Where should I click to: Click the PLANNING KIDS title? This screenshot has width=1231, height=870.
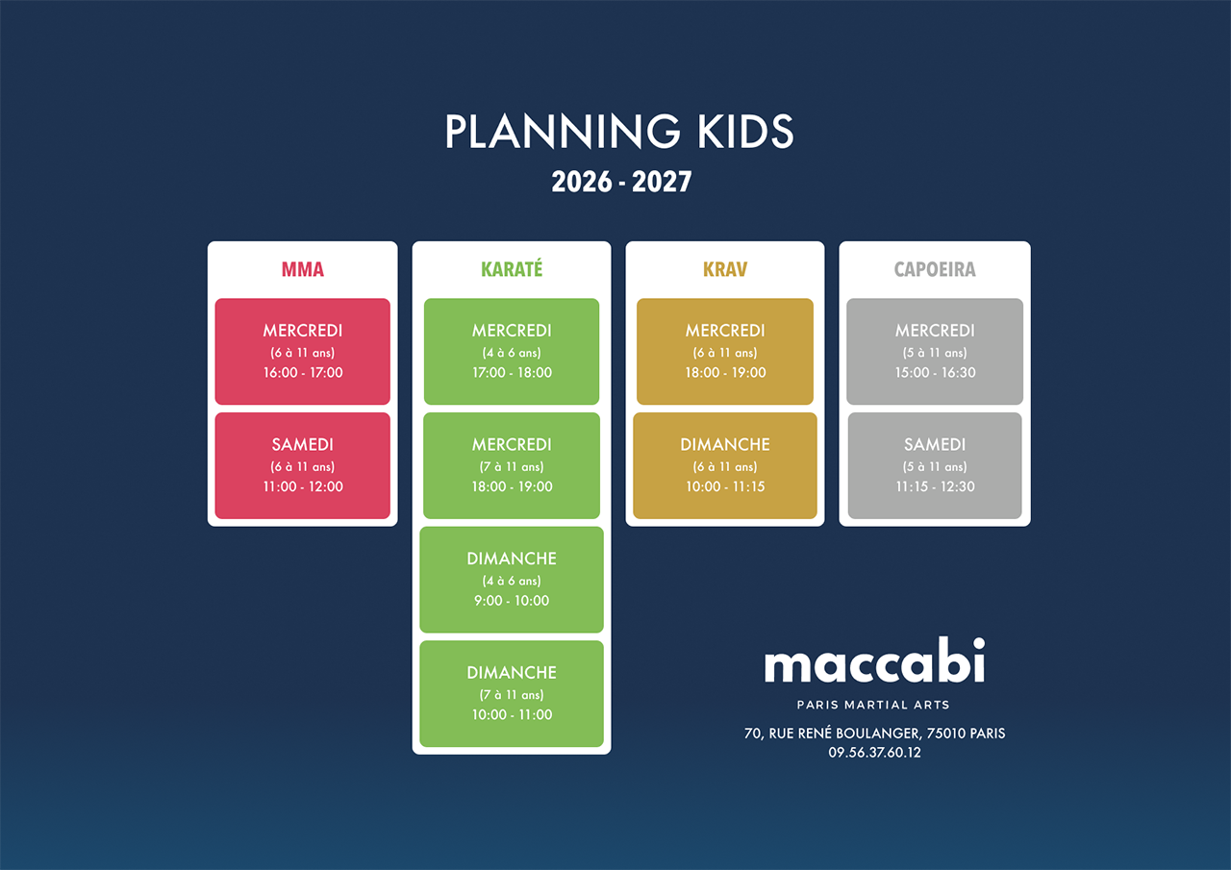click(x=619, y=132)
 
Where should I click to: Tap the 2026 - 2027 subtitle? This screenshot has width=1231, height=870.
click(x=621, y=182)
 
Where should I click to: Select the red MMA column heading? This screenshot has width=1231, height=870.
click(x=303, y=269)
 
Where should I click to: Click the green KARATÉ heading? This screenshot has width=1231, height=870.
click(x=512, y=268)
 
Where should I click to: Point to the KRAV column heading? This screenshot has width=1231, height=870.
click(x=725, y=269)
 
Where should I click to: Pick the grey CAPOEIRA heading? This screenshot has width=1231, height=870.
click(x=935, y=269)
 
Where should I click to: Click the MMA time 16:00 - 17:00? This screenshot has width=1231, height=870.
click(x=303, y=372)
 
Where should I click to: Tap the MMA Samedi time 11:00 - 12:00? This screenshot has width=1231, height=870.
click(x=303, y=486)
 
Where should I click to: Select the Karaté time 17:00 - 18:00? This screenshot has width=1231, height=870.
click(x=512, y=372)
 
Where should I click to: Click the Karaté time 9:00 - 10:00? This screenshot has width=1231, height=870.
click(x=512, y=600)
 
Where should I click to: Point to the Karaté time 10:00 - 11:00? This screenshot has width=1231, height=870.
click(x=512, y=714)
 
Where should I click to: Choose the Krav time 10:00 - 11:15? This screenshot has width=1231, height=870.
click(x=725, y=486)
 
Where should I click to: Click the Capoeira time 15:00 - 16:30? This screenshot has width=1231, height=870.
click(x=935, y=372)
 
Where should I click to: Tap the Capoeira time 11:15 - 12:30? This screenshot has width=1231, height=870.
click(x=935, y=486)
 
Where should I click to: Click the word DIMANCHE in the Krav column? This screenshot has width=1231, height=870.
click(x=725, y=444)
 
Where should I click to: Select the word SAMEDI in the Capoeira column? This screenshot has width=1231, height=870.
click(x=935, y=444)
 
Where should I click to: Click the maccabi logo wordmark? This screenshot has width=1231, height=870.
click(x=874, y=660)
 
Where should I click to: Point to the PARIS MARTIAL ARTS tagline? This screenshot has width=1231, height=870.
click(x=873, y=705)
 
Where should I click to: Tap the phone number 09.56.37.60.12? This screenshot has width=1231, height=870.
click(x=874, y=753)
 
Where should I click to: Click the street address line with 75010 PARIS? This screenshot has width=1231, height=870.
click(x=874, y=733)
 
